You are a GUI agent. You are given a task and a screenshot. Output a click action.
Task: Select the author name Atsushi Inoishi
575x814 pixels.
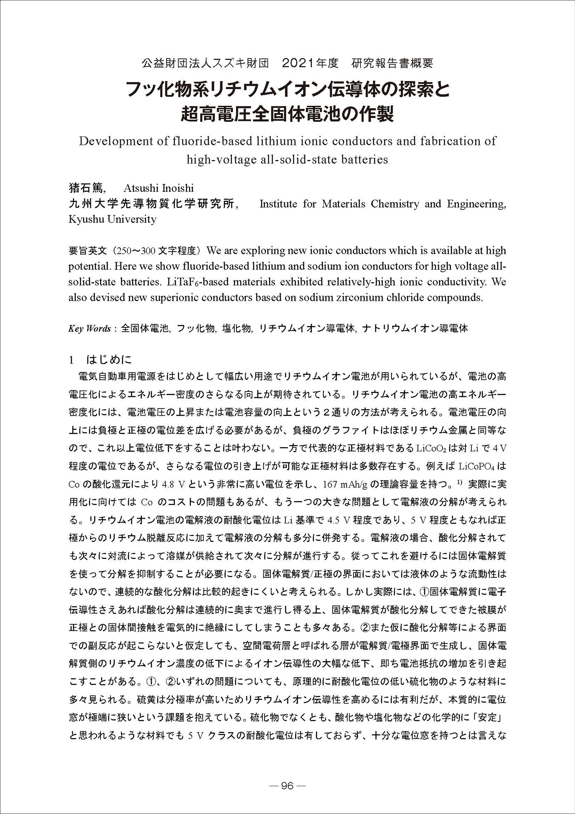coord(158,188)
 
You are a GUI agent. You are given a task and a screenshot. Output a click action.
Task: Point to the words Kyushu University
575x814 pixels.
coord(112,220)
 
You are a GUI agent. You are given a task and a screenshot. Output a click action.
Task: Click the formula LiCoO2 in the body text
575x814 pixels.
coord(434,448)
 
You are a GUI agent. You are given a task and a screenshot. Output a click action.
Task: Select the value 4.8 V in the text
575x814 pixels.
coord(175,484)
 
